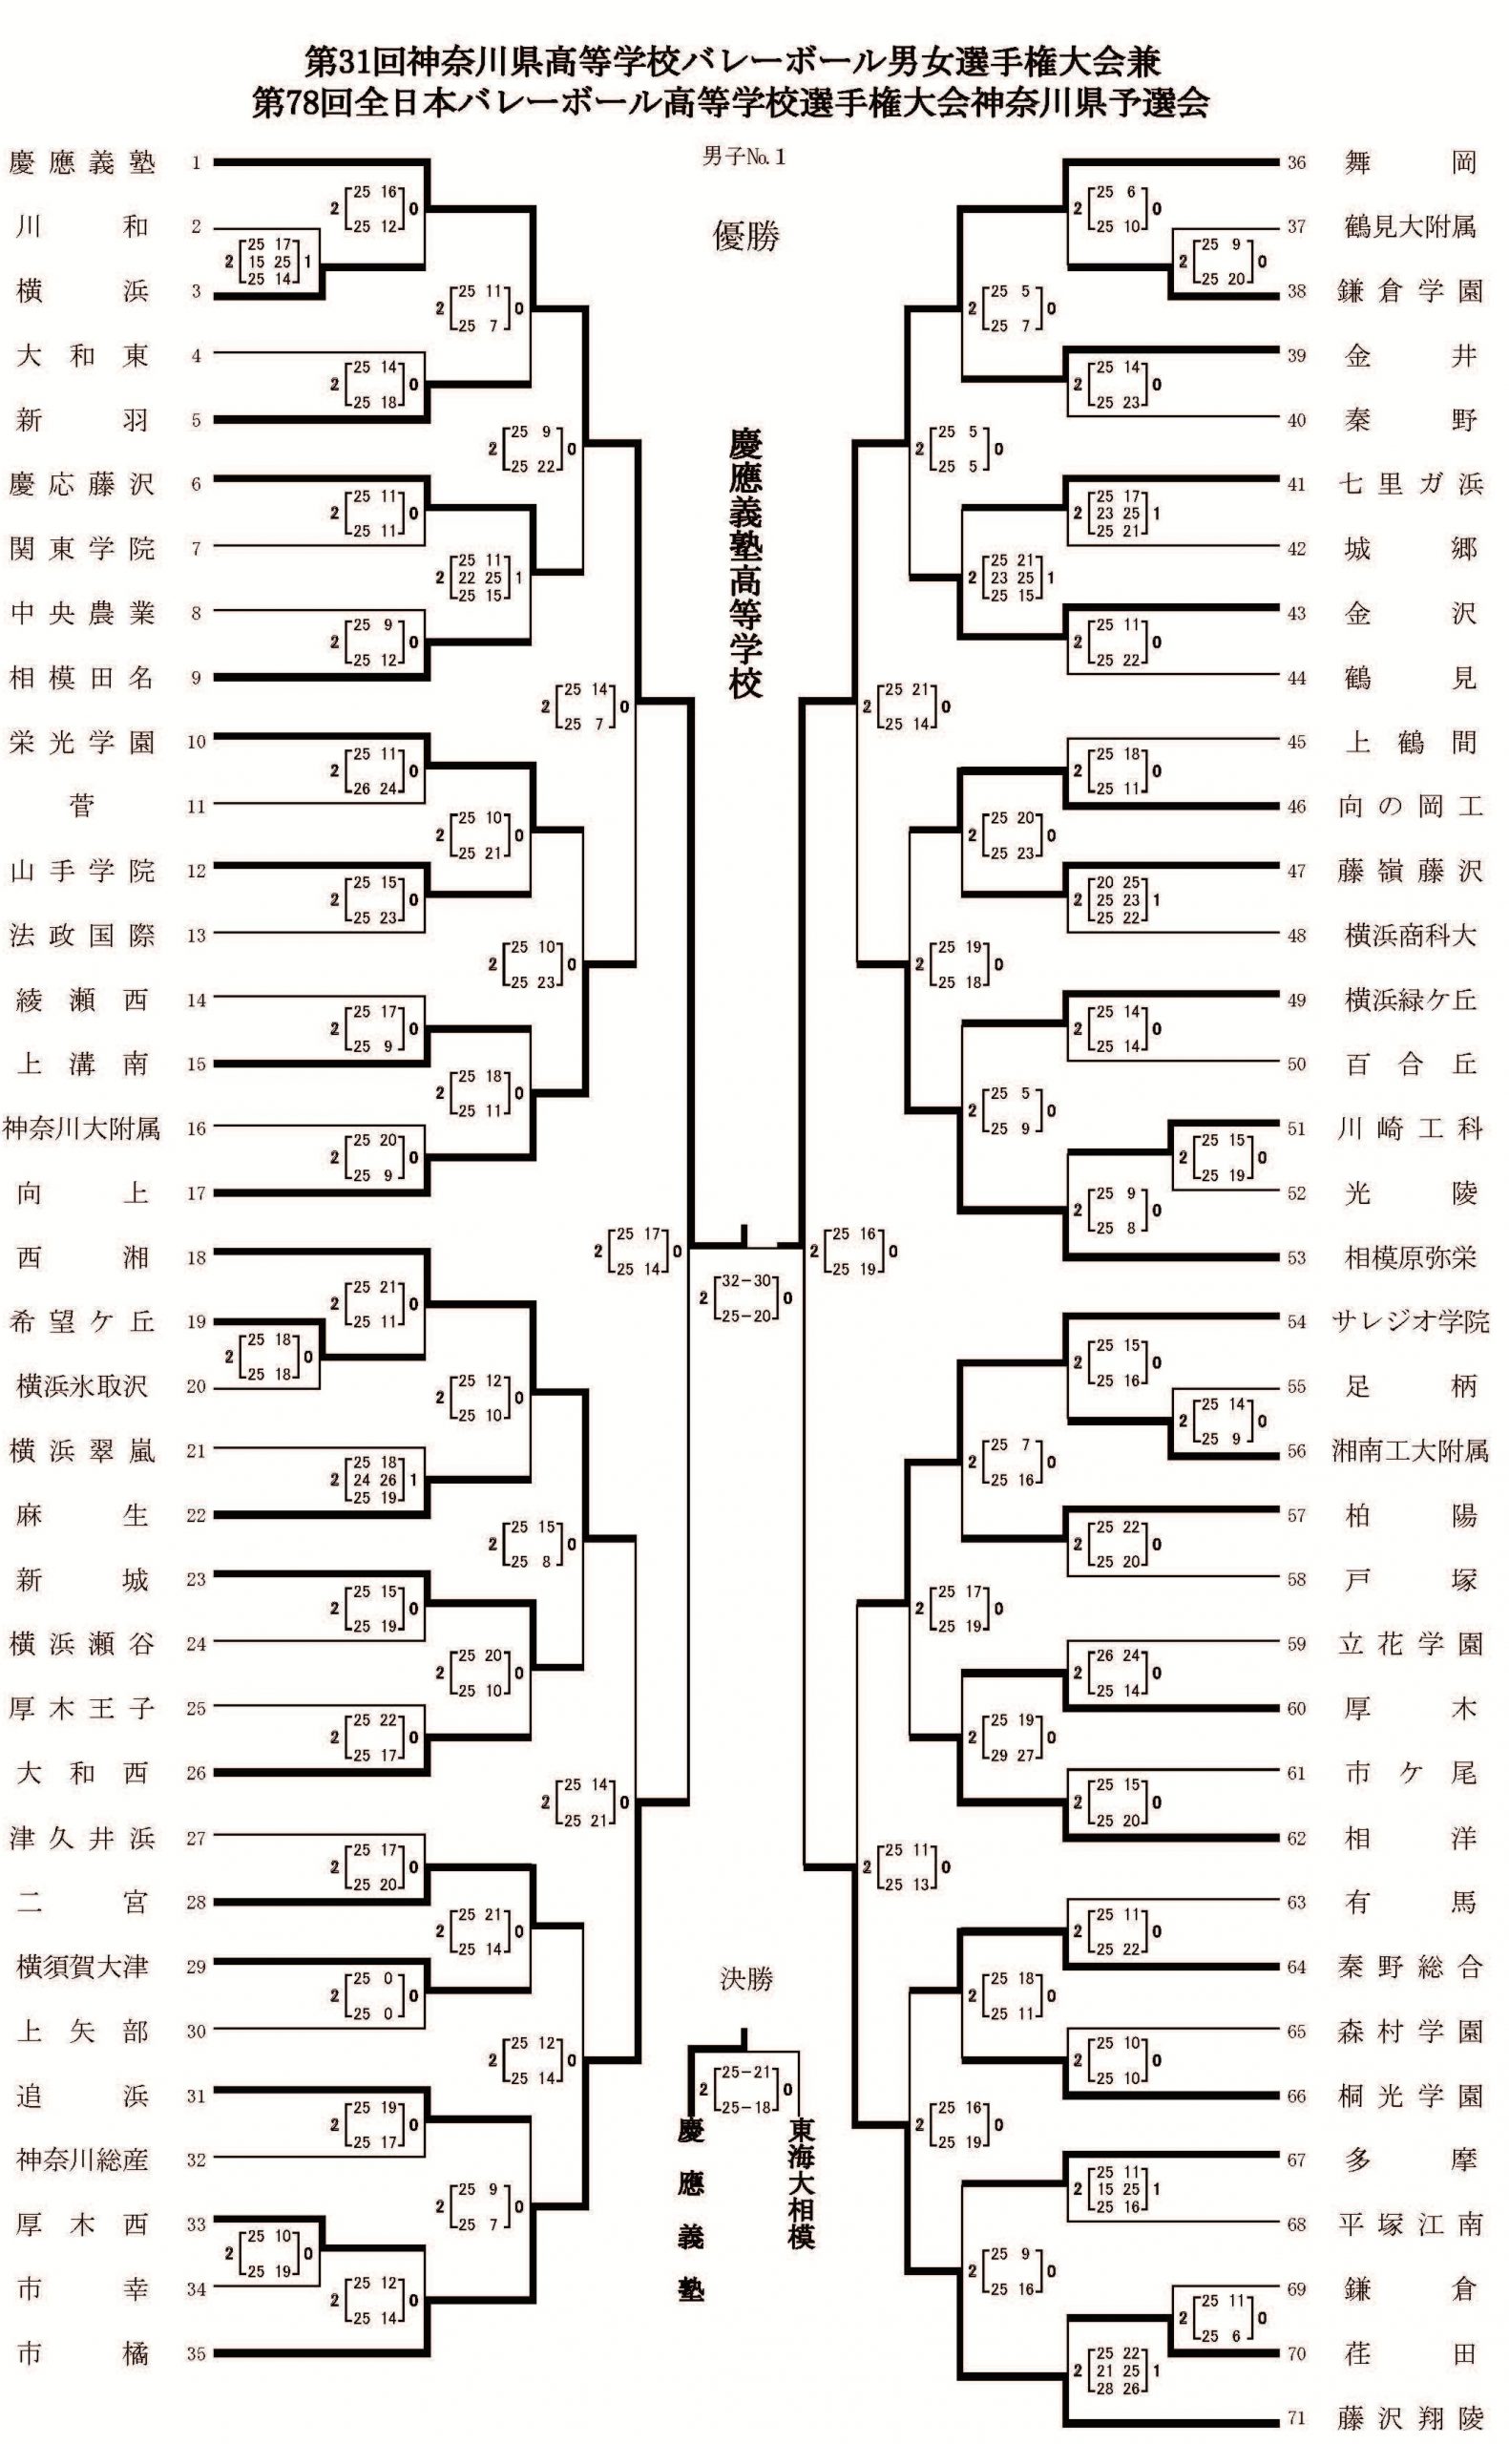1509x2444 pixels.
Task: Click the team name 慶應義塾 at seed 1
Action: (x=82, y=162)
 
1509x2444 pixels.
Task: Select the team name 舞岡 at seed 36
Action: (x=1410, y=162)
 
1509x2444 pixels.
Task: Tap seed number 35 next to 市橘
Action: (x=196, y=2354)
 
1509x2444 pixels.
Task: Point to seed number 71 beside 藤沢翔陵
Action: (x=1295, y=2418)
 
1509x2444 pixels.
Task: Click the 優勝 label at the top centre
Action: (x=745, y=236)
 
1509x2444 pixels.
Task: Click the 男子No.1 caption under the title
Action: (x=744, y=157)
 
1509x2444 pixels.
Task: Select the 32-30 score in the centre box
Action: (x=747, y=1281)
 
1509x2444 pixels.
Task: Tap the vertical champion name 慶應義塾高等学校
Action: (x=745, y=564)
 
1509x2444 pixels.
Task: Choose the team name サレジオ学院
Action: (x=1410, y=1322)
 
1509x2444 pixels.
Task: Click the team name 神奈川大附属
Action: (x=82, y=1128)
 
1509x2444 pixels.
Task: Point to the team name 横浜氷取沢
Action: (x=82, y=1386)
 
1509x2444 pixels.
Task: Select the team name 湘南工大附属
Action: (x=1410, y=1451)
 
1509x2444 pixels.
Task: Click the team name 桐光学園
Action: (x=1410, y=2096)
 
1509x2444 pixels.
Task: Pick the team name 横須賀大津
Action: (x=82, y=1967)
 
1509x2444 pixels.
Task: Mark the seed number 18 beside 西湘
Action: (x=196, y=1257)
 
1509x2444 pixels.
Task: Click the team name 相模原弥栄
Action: (x=1410, y=1257)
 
